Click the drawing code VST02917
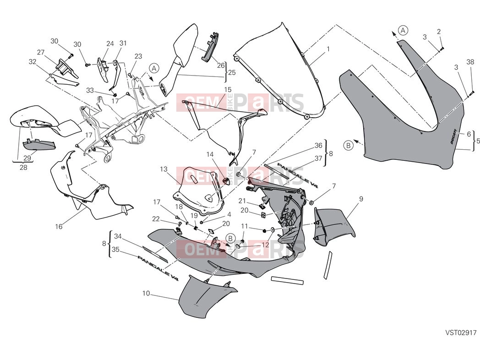coord(461,332)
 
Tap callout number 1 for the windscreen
coord(328,49)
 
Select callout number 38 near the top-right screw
coord(470,62)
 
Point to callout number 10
coord(146,293)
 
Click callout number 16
coord(59,227)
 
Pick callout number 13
coord(164,169)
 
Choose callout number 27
coord(41,52)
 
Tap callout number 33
coord(90,90)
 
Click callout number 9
coord(361,199)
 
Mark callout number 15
coord(228,90)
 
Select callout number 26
coord(221,65)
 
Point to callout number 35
coord(115,250)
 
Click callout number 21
coord(242,201)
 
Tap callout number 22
coord(156,219)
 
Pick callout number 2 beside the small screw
coord(439,31)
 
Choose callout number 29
coord(27,158)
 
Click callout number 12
coord(265,245)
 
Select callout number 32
coord(33,61)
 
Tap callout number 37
coord(318,158)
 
